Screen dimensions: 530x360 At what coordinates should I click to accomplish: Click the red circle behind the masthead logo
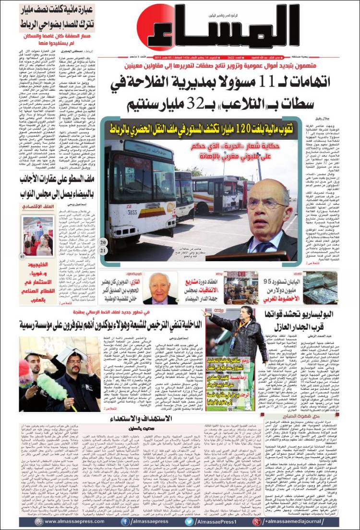(153, 26)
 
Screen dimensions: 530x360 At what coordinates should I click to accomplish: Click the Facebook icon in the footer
(124, 522)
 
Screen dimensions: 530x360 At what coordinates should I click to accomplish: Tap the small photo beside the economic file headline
(38, 235)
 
